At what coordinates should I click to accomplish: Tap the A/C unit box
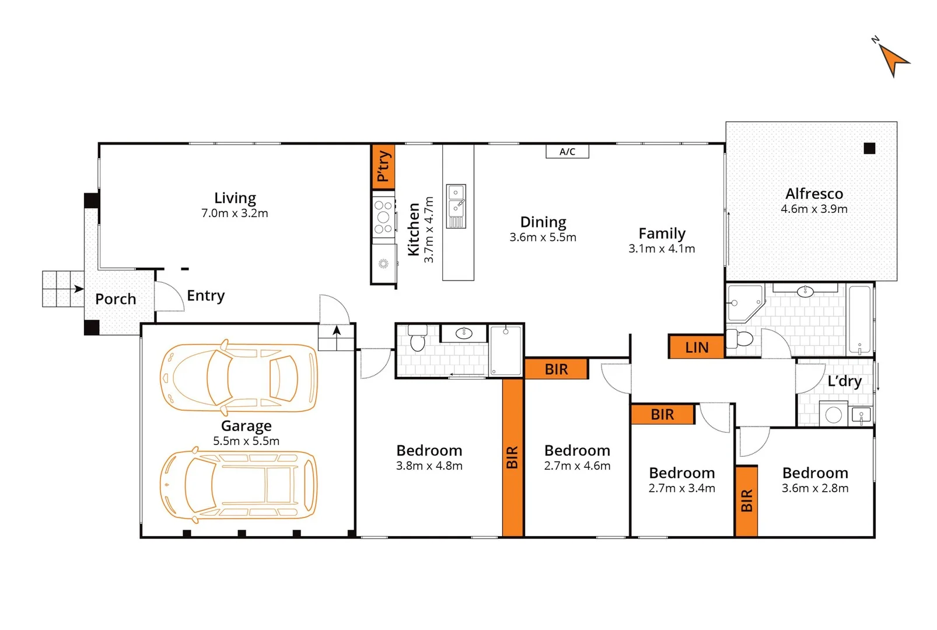(x=567, y=152)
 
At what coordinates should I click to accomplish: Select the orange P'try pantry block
(x=383, y=166)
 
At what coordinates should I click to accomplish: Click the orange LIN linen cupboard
(x=697, y=347)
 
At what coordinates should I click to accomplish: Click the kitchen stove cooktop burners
(x=383, y=216)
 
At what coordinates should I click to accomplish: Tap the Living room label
(x=235, y=198)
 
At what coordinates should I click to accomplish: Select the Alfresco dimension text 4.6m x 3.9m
(x=814, y=209)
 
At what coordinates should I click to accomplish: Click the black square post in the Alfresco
(x=869, y=149)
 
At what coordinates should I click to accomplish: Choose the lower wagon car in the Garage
(x=239, y=485)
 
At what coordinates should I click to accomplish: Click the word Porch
(x=116, y=299)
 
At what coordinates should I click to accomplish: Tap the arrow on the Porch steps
(x=78, y=289)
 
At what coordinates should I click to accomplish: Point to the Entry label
(x=205, y=296)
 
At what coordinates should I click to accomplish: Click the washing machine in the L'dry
(x=833, y=414)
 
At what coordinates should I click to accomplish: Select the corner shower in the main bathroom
(x=745, y=302)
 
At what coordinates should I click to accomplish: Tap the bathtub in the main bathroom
(x=859, y=320)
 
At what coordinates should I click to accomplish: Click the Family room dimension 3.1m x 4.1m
(x=662, y=249)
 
